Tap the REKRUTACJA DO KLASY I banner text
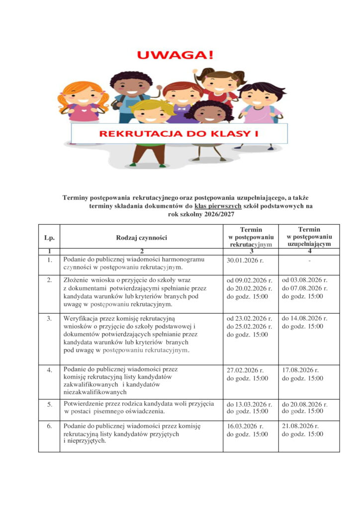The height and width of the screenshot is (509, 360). pyautogui.click(x=179, y=133)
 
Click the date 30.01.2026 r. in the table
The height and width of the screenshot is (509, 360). pyautogui.click(x=247, y=260)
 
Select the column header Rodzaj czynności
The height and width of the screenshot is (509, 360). pyautogui.click(x=142, y=238)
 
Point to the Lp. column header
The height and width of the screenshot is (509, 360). pyautogui.click(x=49, y=238)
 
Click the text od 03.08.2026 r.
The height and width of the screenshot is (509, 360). pyautogui.click(x=305, y=280)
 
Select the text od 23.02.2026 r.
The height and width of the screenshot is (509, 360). pyautogui.click(x=250, y=319)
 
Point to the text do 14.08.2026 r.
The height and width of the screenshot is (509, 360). pyautogui.click(x=305, y=319)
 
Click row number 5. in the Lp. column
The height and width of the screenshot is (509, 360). pyautogui.click(x=49, y=404)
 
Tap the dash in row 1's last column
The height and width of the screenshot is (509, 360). pyautogui.click(x=309, y=260)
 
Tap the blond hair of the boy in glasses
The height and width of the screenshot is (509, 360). pyautogui.click(x=151, y=105)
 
